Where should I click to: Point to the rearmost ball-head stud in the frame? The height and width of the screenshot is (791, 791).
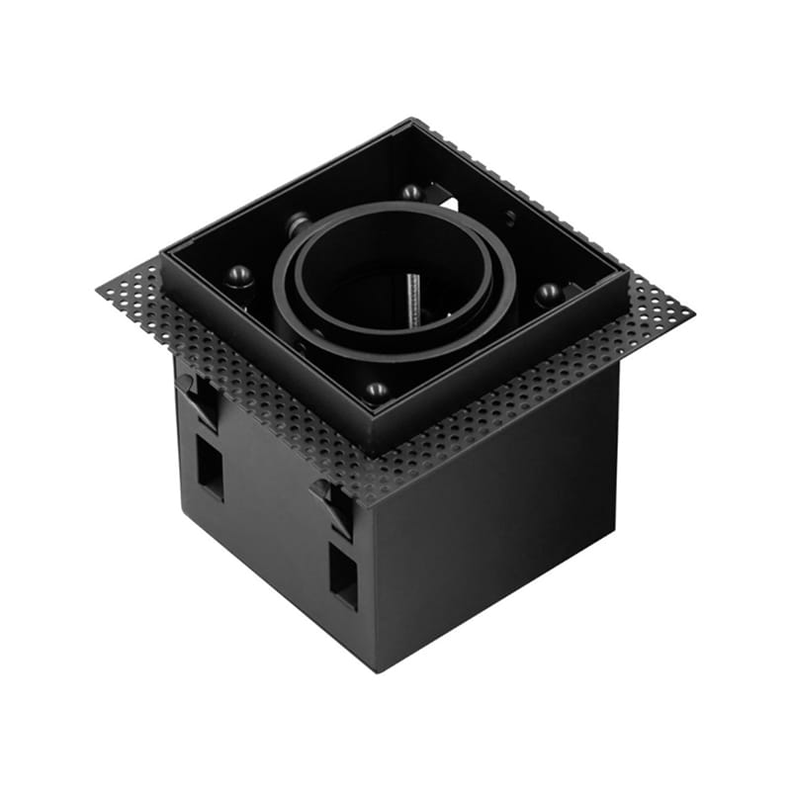(411, 192)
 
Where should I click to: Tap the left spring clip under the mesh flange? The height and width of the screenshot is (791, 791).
(198, 395)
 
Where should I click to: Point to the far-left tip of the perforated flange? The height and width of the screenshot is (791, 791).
(99, 289)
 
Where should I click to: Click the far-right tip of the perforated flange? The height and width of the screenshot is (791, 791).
(693, 314)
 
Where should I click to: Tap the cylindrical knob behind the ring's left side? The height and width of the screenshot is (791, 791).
(297, 225)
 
